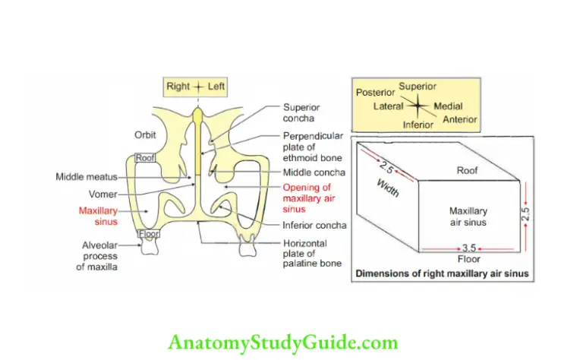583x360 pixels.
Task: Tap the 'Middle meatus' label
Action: [85, 177]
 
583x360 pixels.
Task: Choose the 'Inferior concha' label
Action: [314, 226]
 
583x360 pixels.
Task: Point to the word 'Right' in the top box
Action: [178, 87]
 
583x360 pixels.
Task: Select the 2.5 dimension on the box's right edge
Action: [526, 213]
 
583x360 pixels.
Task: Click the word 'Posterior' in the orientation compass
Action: [375, 93]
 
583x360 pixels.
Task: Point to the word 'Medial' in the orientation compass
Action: [448, 106]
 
